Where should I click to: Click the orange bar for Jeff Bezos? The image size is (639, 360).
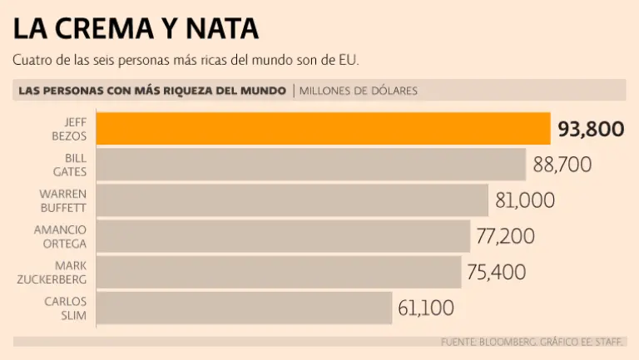[323, 129]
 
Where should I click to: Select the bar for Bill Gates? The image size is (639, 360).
[311, 165]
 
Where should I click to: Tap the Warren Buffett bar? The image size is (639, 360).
[292, 200]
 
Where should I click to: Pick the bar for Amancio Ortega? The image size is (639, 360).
[283, 236]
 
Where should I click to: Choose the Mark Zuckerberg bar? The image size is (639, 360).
[279, 272]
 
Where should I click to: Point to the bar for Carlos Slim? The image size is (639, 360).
[245, 308]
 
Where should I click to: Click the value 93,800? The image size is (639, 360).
[591, 129]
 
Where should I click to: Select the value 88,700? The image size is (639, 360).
[562, 165]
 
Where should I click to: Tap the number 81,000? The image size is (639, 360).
[524, 200]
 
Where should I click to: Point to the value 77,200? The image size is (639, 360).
[505, 236]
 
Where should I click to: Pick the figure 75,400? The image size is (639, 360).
[498, 272]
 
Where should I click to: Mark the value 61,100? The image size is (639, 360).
[426, 308]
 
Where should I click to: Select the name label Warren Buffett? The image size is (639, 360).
[63, 200]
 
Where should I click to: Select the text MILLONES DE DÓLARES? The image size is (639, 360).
[359, 91]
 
